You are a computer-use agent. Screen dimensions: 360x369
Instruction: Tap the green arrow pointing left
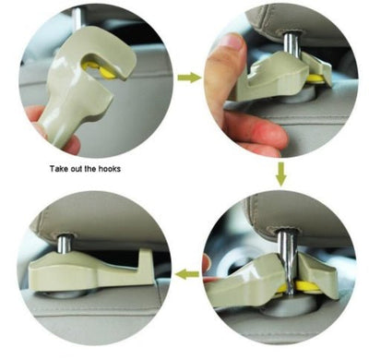189,271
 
